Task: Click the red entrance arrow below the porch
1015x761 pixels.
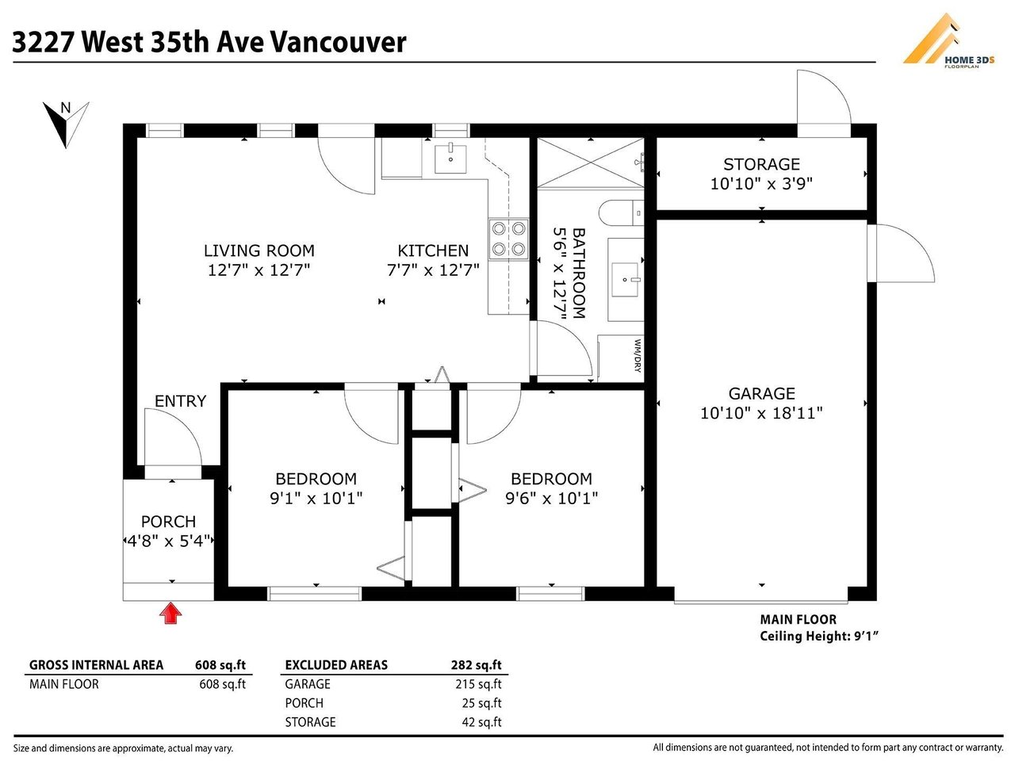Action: point(170,613)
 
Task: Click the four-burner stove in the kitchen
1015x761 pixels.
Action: point(508,239)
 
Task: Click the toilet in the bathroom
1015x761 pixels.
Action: point(621,213)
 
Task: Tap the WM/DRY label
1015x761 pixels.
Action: point(638,356)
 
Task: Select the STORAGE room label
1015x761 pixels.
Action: point(761,165)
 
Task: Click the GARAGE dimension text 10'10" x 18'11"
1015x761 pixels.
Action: point(761,413)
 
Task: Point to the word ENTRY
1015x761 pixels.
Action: point(180,401)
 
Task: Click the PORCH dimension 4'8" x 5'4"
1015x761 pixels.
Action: point(168,541)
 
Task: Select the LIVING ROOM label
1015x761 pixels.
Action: point(259,251)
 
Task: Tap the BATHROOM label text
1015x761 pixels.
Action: point(579,273)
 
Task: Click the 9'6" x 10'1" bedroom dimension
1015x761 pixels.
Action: point(551,499)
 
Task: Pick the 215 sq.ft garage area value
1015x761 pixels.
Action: point(478,684)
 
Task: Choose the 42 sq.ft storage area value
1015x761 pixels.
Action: point(481,721)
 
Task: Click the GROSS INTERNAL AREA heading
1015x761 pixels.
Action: point(96,665)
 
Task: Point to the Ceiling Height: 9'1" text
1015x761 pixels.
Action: point(819,636)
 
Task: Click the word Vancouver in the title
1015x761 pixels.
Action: point(338,42)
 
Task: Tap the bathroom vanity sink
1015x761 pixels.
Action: point(625,279)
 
